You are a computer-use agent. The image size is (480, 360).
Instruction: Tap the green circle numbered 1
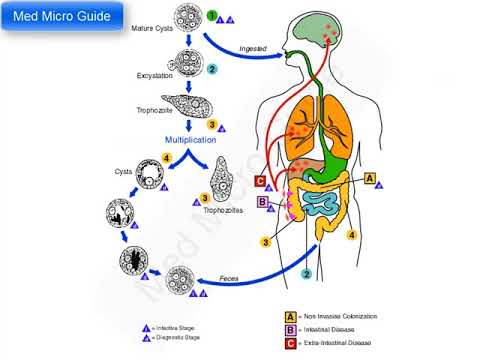[x=212, y=16]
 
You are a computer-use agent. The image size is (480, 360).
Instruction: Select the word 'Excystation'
[x=158, y=76]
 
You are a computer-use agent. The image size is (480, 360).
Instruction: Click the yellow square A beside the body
[x=370, y=179]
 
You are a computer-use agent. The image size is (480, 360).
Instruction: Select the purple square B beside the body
[x=262, y=203]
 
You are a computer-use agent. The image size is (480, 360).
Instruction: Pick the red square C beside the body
[x=260, y=181]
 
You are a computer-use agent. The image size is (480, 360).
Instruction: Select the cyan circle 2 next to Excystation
[x=212, y=69]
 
